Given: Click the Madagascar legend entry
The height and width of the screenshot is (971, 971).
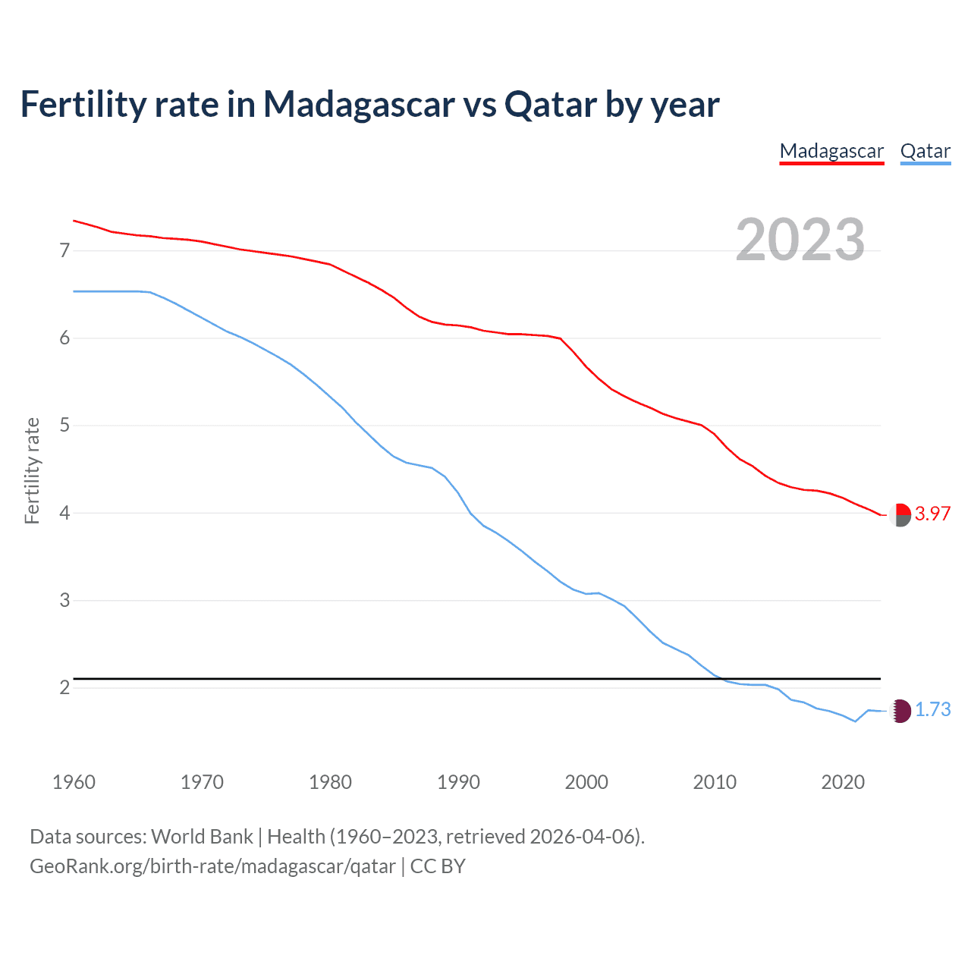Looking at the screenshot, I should click(x=831, y=151).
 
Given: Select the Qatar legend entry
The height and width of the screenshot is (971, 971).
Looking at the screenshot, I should click(x=925, y=151).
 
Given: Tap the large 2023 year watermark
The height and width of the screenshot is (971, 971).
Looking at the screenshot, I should click(x=800, y=240).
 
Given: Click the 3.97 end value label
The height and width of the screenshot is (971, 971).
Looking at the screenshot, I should click(x=932, y=514).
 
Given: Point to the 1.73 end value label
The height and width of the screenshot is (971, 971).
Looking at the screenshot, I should click(x=932, y=709).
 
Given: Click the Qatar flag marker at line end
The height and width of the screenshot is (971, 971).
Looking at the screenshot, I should click(x=900, y=711).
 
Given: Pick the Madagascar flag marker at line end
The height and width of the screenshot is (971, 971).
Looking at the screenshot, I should click(x=900, y=514).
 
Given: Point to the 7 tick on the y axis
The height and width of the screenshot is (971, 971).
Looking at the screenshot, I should click(x=64, y=250).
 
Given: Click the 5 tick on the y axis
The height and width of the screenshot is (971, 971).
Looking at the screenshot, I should click(x=64, y=426).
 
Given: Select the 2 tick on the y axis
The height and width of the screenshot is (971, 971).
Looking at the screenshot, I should click(x=64, y=688).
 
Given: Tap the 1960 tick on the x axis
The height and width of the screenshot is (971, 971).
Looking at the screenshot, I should click(x=74, y=782).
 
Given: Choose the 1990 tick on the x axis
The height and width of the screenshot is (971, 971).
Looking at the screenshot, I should click(x=458, y=782).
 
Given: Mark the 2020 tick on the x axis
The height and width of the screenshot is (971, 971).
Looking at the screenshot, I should click(x=843, y=782).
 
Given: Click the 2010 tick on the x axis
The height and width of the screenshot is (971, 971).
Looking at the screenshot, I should click(x=715, y=782).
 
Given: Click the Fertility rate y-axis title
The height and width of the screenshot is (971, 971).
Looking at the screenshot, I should click(x=32, y=470).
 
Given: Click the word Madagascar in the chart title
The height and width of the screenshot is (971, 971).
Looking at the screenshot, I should click(x=358, y=105).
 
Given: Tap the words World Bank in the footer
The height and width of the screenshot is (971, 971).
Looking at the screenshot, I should click(x=202, y=837).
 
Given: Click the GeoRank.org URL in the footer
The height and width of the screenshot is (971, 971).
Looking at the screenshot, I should click(x=212, y=866).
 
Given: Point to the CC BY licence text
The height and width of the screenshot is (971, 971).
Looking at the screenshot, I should click(x=438, y=866).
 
